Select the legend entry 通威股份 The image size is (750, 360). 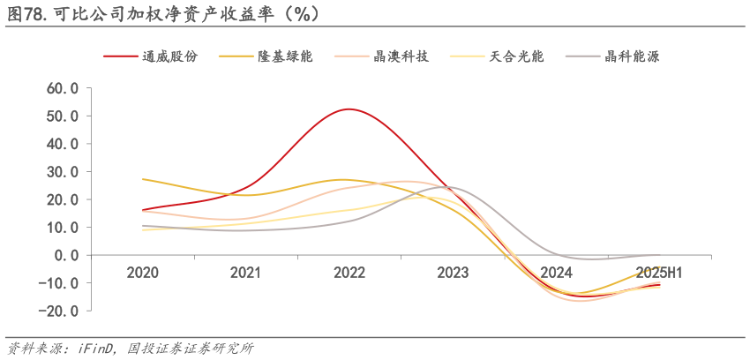point(170,56)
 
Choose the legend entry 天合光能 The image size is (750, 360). point(516,56)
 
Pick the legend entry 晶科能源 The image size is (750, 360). point(632,56)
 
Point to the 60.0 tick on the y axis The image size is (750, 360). point(63,88)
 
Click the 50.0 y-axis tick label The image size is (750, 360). point(63,116)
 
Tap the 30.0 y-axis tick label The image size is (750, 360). point(63,171)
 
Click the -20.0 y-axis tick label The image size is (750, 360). point(60,311)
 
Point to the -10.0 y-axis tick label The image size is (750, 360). point(60,282)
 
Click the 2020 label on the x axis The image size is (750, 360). point(143,273)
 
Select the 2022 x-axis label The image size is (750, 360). point(349,273)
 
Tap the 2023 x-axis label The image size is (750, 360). point(453,273)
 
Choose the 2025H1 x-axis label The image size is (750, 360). point(659,273)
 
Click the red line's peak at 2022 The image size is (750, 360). point(349,109)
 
